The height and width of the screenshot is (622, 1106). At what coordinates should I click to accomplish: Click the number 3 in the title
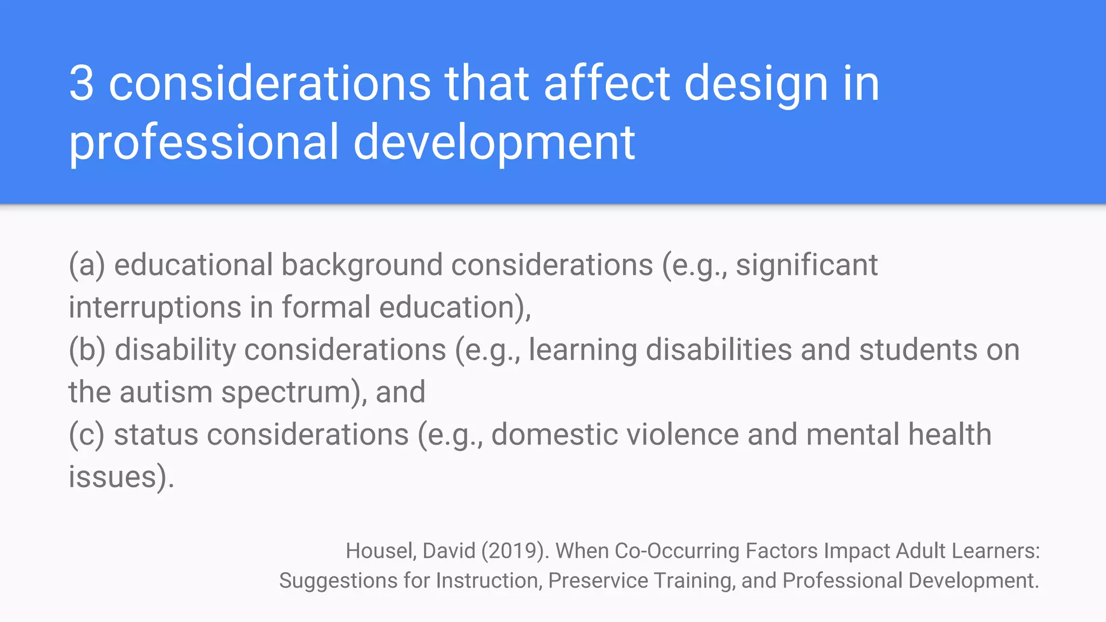point(82,84)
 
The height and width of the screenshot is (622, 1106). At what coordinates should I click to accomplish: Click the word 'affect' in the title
point(606,84)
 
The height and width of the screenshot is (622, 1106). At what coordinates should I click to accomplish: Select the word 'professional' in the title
point(204,143)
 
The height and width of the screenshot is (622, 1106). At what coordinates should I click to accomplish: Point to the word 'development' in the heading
point(494,143)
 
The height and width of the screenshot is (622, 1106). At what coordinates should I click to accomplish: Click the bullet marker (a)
point(86,266)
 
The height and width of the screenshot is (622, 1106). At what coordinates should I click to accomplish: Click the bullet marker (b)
point(87,350)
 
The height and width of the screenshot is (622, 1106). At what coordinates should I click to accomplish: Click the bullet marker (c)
point(86,435)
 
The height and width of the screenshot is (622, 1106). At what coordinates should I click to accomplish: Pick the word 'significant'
point(806,266)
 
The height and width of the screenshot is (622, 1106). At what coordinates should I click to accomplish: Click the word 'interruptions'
point(154,308)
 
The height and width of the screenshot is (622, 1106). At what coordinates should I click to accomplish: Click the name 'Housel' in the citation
point(380,551)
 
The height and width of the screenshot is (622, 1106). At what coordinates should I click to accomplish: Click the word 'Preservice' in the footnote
point(598,581)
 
